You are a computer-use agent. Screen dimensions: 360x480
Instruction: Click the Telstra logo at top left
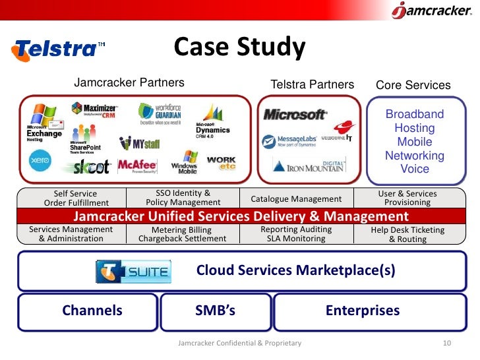(58, 49)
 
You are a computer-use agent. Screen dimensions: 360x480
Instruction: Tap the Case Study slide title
(239, 47)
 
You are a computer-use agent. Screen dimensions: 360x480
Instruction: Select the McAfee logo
(137, 166)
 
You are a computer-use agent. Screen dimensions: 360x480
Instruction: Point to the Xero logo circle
(40, 161)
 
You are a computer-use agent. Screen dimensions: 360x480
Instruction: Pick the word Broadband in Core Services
(415, 114)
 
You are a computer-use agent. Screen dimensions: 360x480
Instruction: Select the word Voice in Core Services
(415, 169)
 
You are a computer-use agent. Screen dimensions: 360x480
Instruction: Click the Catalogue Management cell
(296, 198)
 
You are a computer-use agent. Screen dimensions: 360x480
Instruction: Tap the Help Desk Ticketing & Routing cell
(407, 234)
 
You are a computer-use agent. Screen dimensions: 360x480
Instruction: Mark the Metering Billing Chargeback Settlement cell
(182, 234)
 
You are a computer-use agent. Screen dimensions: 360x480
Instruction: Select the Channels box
(92, 311)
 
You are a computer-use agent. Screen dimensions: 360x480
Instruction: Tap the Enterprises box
(363, 311)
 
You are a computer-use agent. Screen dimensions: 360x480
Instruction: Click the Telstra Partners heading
(313, 84)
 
